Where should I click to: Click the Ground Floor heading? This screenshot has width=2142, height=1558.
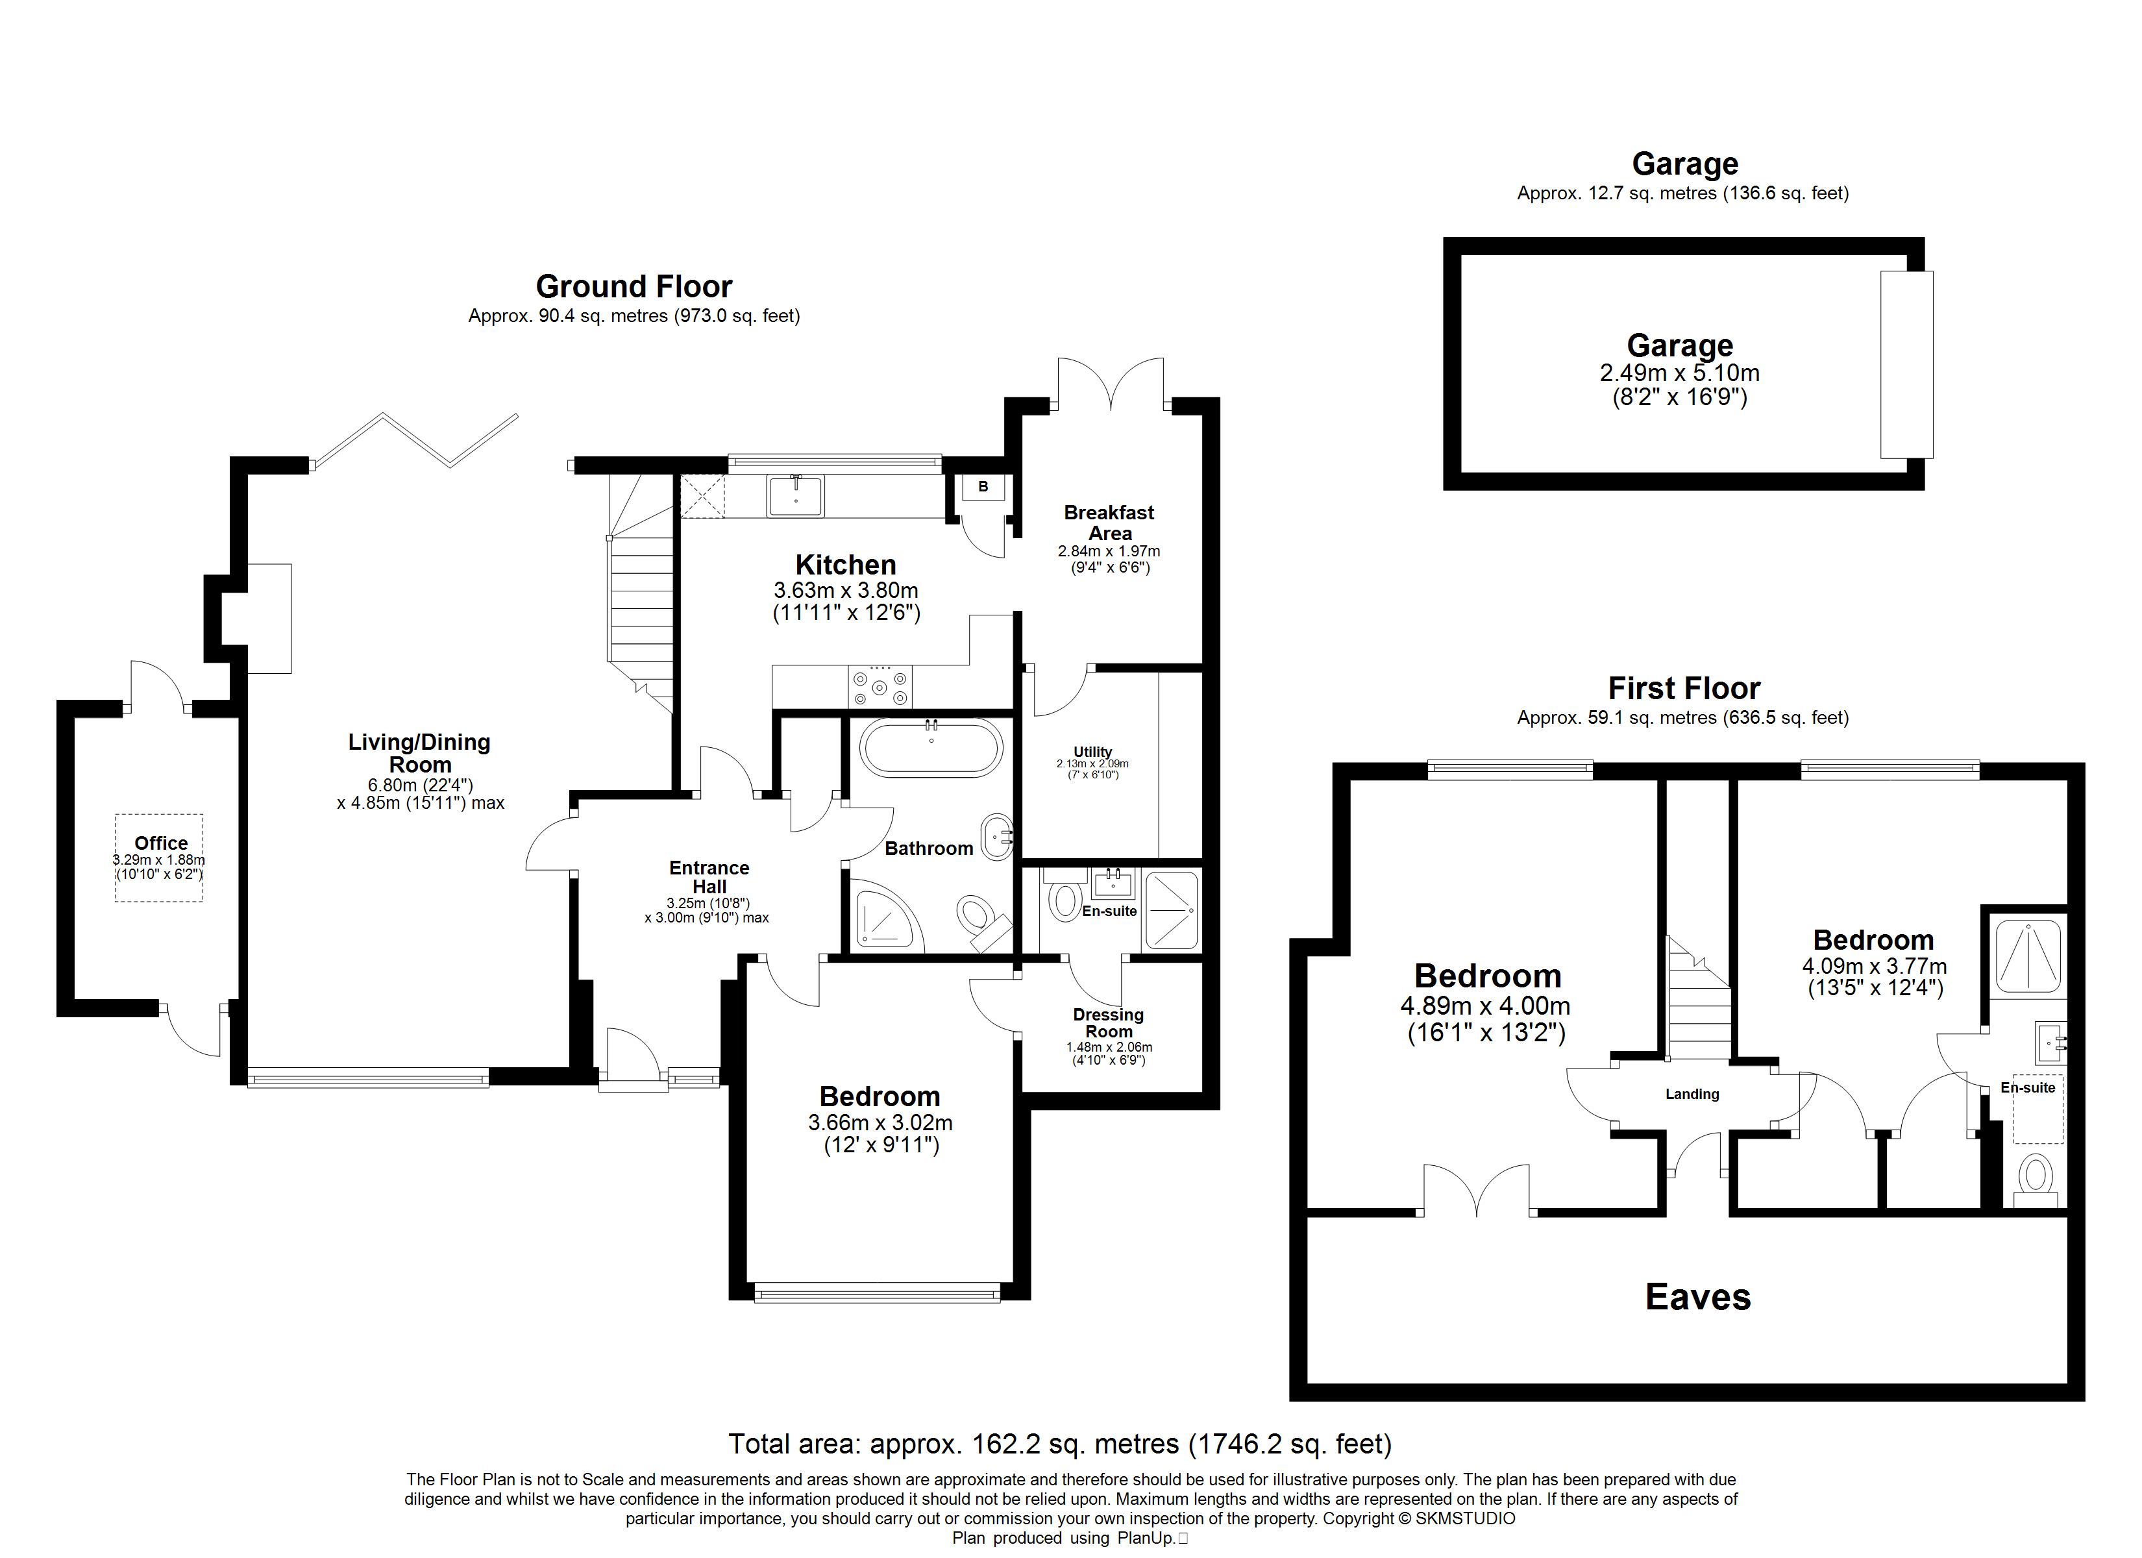click(x=634, y=286)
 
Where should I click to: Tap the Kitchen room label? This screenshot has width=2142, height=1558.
click(x=845, y=565)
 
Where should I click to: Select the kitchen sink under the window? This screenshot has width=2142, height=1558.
click(x=795, y=495)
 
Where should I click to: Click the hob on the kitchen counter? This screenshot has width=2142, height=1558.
click(x=880, y=687)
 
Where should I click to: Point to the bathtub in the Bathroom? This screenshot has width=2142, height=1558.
click(x=930, y=747)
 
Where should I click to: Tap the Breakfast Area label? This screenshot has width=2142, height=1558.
click(x=1109, y=523)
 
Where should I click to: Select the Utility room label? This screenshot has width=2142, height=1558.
click(x=1092, y=752)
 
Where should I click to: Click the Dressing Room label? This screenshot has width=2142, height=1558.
click(x=1109, y=1022)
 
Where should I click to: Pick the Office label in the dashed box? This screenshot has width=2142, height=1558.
click(x=160, y=843)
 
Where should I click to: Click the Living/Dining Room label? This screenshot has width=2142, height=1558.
click(x=419, y=753)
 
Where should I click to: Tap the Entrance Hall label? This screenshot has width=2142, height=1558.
click(x=709, y=877)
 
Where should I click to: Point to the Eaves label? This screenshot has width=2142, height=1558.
click(x=1698, y=1297)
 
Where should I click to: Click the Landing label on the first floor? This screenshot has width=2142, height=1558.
click(x=1692, y=1094)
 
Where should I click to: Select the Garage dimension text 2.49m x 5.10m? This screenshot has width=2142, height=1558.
click(x=1679, y=373)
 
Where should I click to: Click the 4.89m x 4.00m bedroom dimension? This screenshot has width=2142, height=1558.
click(x=1486, y=1007)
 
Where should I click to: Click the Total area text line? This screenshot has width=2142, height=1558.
click(x=1060, y=1444)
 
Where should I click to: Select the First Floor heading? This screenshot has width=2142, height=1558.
click(x=1684, y=688)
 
